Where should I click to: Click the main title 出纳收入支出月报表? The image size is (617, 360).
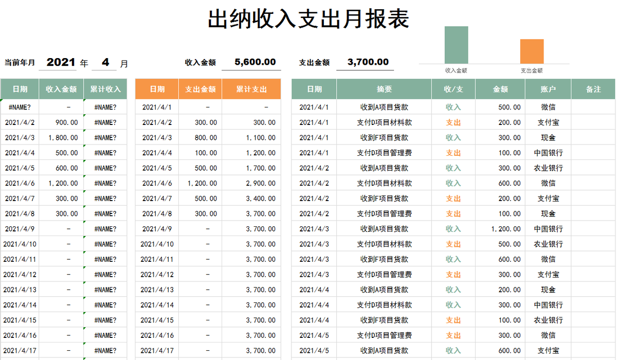308,20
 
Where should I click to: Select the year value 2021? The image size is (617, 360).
61,63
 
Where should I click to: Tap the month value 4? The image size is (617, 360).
105,63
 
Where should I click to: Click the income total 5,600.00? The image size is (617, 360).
255,62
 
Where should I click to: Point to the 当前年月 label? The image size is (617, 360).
20,63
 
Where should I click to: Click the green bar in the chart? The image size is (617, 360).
456,45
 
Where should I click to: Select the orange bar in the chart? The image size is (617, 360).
532,51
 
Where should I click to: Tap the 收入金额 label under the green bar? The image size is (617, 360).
456,71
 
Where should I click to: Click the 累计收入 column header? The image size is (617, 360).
105,89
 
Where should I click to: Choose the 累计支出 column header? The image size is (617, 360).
251,89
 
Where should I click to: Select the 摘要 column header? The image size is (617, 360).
384,89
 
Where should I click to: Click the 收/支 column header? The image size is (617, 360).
453,89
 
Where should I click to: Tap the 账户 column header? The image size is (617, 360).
548,89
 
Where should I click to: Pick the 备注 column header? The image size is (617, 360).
593,89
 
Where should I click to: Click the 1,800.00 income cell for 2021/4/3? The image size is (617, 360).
63,138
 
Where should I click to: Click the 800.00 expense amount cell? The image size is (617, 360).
206,138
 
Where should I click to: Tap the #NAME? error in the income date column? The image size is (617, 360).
20,107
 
